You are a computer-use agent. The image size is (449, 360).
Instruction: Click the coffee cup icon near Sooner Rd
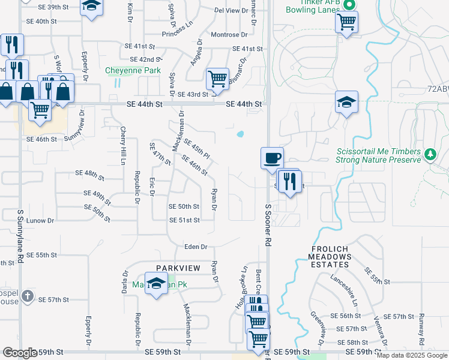[x=272, y=158]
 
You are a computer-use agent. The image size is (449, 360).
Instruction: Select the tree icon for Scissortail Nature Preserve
[x=430, y=155]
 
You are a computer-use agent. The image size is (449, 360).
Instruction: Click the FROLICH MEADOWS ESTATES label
[x=331, y=256]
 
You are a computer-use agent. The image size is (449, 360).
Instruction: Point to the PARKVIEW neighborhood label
[x=178, y=268]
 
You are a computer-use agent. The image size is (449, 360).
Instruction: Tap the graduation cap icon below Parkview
[x=156, y=284]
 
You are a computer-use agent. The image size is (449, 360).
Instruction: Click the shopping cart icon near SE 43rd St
[x=217, y=78]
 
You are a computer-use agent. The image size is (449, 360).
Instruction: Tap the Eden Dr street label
[x=196, y=247]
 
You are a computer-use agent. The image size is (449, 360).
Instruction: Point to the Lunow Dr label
[x=40, y=221]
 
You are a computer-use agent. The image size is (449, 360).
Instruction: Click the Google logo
[x=20, y=353]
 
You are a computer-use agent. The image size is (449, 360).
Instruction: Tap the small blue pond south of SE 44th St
[x=240, y=134]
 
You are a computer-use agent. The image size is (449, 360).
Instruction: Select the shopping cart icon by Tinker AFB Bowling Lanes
[x=346, y=22]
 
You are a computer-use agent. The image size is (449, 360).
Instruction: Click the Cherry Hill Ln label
[x=122, y=145]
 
